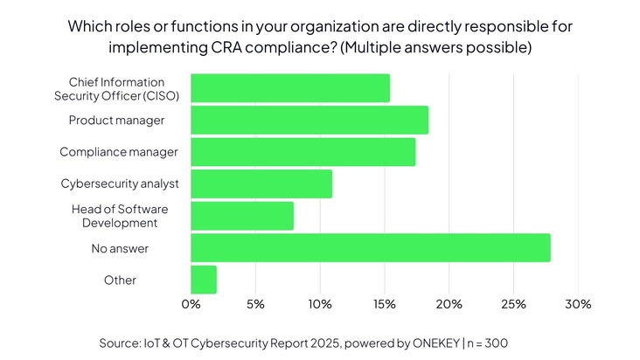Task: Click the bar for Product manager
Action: click(309, 120)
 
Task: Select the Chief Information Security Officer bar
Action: click(289, 88)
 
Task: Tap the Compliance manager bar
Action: click(303, 152)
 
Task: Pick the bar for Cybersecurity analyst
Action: click(261, 183)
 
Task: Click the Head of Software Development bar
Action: click(241, 216)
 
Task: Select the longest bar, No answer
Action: click(370, 247)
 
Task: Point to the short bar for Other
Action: click(203, 280)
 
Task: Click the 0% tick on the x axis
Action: click(191, 304)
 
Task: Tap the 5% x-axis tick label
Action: click(255, 304)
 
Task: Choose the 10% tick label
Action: click(320, 304)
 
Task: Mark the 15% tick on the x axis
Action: click(384, 304)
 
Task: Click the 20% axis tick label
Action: click(449, 304)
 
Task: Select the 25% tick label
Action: click(513, 304)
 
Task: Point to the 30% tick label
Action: click(578, 304)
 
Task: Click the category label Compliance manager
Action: click(119, 152)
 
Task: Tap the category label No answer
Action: click(120, 248)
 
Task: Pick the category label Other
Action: click(120, 280)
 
